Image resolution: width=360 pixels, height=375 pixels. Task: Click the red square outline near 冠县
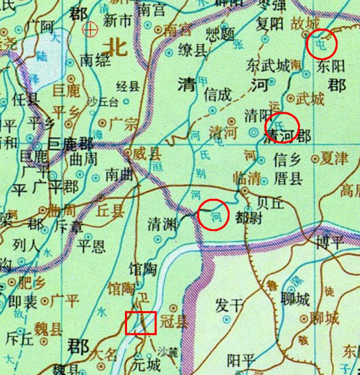141,323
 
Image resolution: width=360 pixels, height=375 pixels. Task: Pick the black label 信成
218,94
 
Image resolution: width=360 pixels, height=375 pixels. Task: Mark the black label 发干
229,305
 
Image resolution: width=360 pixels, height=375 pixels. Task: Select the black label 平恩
91,246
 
